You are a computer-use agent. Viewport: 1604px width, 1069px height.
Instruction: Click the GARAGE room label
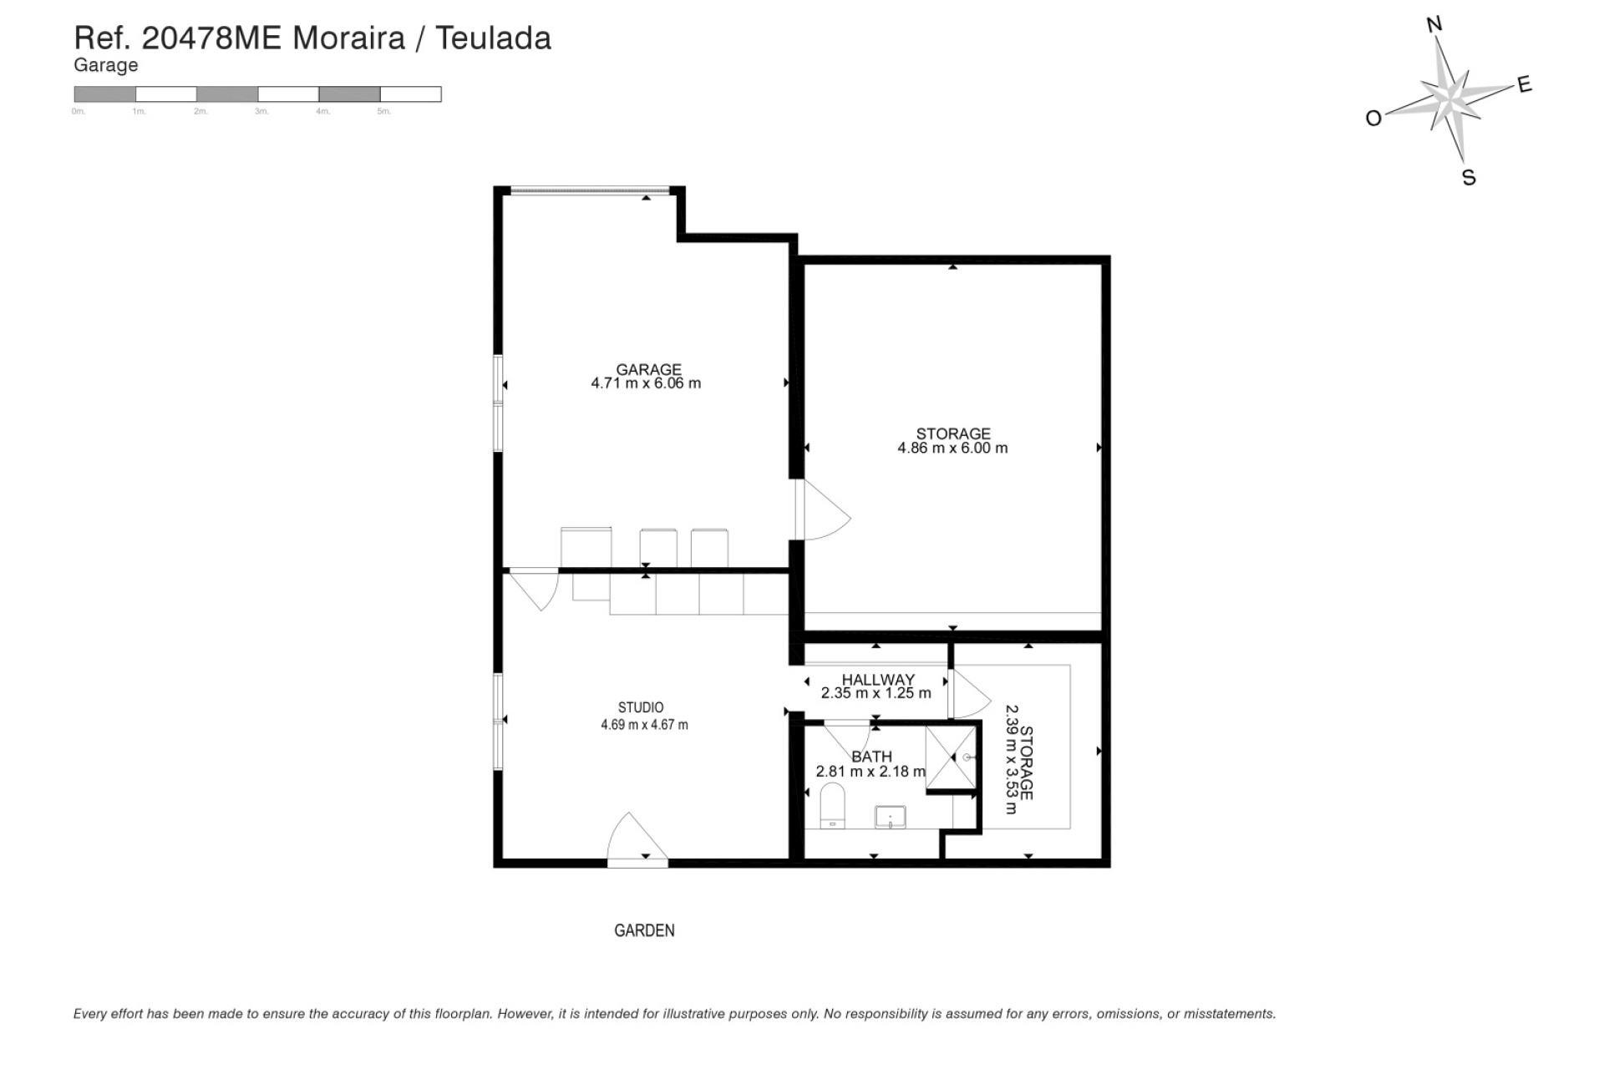click(x=648, y=369)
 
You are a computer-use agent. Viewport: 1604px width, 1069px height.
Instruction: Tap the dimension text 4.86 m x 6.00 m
click(x=952, y=448)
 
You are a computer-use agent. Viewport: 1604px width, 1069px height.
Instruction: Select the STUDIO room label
click(x=641, y=708)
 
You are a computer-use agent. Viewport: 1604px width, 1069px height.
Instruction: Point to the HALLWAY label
click(x=877, y=680)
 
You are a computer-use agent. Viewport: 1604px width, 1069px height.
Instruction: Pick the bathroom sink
click(x=890, y=817)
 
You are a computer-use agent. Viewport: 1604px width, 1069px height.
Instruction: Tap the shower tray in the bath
click(x=951, y=757)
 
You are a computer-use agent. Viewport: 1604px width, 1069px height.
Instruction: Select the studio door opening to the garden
click(x=637, y=840)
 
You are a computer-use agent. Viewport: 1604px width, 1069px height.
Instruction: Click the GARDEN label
click(x=644, y=930)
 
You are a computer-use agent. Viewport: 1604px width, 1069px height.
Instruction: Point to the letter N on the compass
click(x=1434, y=24)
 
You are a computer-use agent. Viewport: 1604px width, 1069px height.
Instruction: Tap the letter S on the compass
click(x=1469, y=178)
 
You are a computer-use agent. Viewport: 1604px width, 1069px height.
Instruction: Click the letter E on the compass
click(x=1524, y=84)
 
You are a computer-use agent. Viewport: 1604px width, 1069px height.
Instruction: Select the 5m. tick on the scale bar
click(x=383, y=111)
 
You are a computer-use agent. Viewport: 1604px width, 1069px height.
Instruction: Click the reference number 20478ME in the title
click(x=212, y=38)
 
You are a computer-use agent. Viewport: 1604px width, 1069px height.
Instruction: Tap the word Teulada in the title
click(x=493, y=38)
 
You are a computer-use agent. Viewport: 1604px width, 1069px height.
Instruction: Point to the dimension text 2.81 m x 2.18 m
click(x=871, y=772)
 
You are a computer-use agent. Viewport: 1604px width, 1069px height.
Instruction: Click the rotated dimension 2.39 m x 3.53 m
click(x=1011, y=759)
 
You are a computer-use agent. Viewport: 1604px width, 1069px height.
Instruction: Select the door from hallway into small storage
click(x=969, y=694)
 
